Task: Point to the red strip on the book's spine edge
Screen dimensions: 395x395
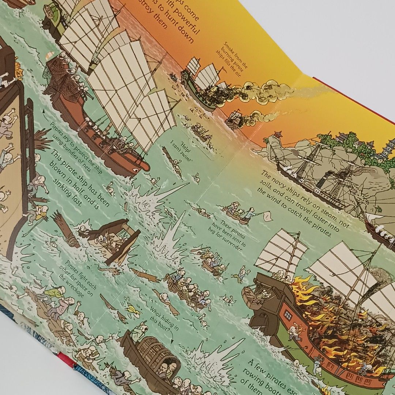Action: click(66, 361)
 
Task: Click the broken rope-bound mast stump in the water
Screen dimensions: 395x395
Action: click(66, 229)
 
